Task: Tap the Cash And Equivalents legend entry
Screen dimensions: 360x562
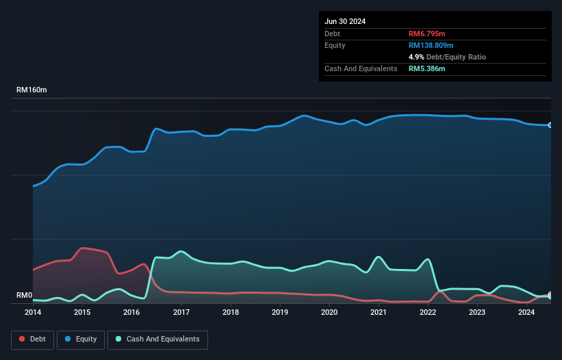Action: point(157,339)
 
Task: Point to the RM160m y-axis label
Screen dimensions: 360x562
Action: point(31,90)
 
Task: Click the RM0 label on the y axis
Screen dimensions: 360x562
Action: point(24,295)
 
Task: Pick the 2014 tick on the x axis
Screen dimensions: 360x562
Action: point(33,313)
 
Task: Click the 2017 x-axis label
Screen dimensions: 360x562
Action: point(181,313)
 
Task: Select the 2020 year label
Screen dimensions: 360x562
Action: point(329,313)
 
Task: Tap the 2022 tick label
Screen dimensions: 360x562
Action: point(428,313)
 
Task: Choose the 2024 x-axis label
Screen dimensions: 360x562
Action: point(526,313)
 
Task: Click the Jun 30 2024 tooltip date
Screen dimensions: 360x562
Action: point(345,21)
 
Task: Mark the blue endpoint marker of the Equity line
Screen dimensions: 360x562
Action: point(550,125)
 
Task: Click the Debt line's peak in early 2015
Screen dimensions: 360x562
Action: point(83,248)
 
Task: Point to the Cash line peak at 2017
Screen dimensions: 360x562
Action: point(181,251)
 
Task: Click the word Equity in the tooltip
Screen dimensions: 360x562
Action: point(335,45)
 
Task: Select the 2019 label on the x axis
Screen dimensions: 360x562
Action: point(280,313)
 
